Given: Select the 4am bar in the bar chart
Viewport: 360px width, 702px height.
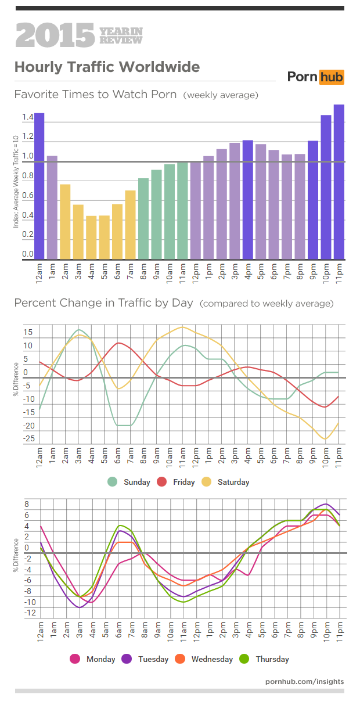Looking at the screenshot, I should (91, 237).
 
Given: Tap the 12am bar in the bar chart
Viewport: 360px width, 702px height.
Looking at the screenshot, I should (39, 186).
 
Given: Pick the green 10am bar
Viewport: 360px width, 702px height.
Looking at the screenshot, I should (170, 211).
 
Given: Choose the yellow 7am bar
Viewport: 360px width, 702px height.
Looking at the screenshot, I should (131, 225).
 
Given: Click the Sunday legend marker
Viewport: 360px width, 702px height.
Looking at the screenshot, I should (113, 482).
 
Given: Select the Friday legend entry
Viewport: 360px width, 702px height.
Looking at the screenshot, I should (177, 482).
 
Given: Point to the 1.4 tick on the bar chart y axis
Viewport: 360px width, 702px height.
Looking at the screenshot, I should (27, 118).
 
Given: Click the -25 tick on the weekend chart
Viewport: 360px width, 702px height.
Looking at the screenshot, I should (28, 439).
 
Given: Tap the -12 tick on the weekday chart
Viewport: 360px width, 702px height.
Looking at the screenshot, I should (30, 613).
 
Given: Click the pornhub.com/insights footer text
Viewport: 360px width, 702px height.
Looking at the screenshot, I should (304, 681).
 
